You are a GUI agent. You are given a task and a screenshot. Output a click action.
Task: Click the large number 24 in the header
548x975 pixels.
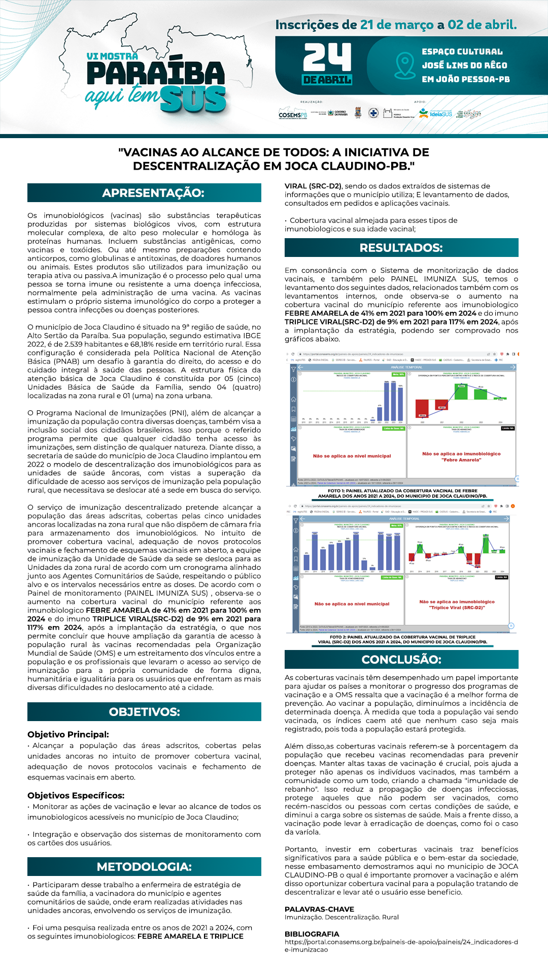tap(327, 57)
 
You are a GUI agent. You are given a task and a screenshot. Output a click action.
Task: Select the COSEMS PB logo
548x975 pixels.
tap(293, 114)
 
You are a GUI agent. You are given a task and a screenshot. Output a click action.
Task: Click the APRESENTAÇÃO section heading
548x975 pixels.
tap(144, 193)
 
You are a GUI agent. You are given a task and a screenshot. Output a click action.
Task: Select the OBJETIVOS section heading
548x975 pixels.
tap(144, 711)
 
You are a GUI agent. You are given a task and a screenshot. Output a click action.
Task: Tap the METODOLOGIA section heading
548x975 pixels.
tap(144, 866)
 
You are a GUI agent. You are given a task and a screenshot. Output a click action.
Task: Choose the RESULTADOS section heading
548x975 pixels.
tap(401, 248)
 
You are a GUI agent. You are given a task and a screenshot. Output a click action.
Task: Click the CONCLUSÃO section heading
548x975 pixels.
tap(401, 659)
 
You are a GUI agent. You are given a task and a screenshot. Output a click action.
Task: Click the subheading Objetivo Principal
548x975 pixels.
tap(68, 734)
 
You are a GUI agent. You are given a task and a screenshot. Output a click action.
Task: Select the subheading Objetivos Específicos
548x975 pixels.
tap(76, 795)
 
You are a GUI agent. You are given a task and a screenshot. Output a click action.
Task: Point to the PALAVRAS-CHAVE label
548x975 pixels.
tap(319, 909)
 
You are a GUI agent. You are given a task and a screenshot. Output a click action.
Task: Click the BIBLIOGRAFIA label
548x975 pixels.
tap(312, 934)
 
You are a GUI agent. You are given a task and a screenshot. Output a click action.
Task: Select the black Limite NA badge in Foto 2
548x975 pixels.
tap(501, 577)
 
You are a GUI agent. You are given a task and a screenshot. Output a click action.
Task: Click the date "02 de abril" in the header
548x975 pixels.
tap(482, 24)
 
